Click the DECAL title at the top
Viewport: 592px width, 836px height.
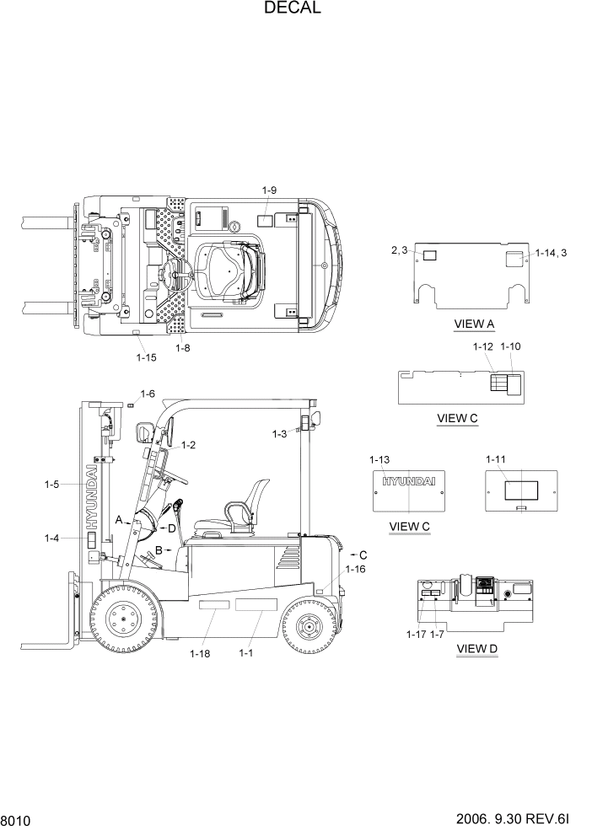click(292, 9)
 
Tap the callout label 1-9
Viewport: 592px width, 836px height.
click(269, 191)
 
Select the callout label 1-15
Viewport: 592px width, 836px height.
click(146, 357)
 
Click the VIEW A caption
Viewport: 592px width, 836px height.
click(474, 324)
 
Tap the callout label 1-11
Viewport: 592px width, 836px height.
click(495, 459)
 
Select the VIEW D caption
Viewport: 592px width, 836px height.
click(476, 648)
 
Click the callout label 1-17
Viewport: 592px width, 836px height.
click(416, 634)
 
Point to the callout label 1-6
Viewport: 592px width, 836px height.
click(148, 394)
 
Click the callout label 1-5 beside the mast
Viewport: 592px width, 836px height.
click(53, 485)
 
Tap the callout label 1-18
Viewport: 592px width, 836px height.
click(200, 653)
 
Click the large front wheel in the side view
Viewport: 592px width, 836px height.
click(124, 622)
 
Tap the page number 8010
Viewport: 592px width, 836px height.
click(16, 819)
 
